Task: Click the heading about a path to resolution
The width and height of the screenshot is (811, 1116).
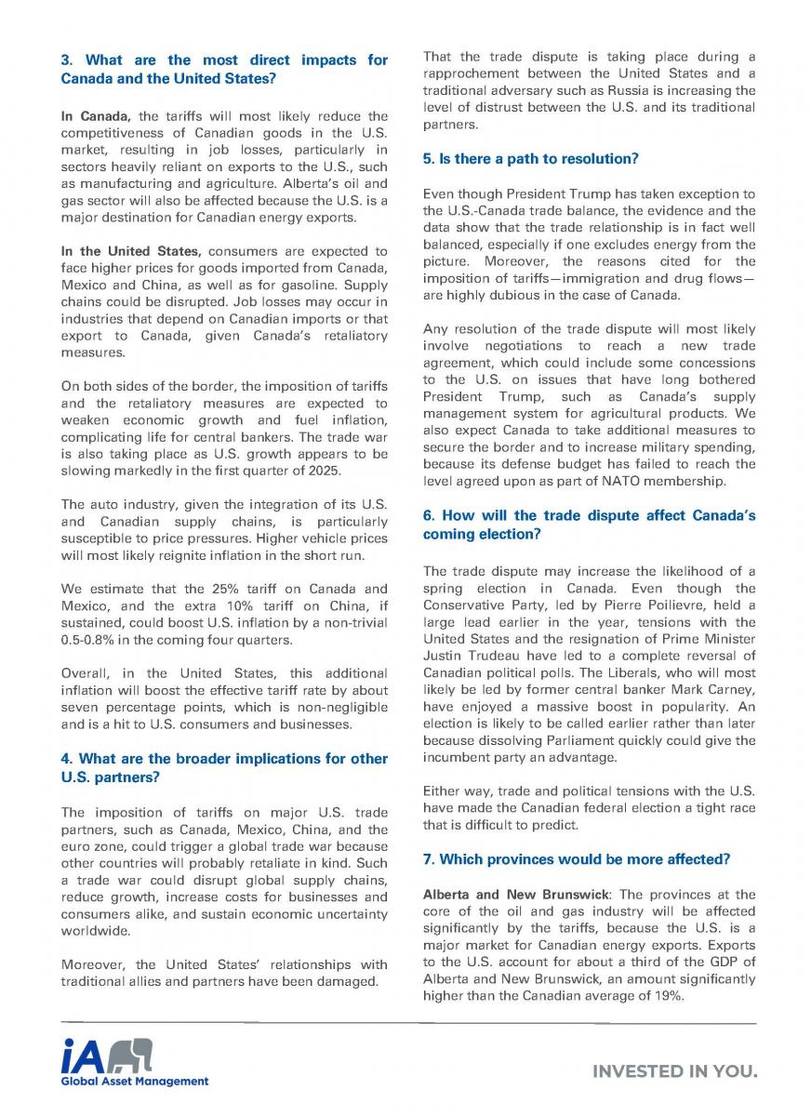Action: click(530, 159)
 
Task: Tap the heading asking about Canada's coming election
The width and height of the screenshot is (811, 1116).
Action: click(589, 525)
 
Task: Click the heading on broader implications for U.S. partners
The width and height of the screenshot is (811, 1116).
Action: click(223, 767)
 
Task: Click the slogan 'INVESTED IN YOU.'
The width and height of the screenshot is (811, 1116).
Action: click(675, 1071)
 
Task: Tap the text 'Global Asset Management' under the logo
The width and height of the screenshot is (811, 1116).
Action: click(135, 1081)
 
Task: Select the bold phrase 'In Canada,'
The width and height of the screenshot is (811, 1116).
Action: click(97, 116)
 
